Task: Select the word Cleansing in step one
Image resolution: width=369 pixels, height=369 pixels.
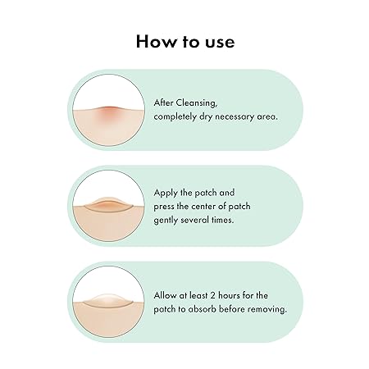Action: (196, 103)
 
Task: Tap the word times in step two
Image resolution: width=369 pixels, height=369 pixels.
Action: (223, 220)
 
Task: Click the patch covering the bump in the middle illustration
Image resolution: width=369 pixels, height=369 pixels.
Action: (109, 204)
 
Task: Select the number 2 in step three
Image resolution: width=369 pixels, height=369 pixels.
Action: (213, 296)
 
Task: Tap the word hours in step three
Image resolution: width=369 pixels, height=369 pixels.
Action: (229, 295)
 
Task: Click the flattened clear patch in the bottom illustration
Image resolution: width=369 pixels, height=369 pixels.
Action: (109, 301)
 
